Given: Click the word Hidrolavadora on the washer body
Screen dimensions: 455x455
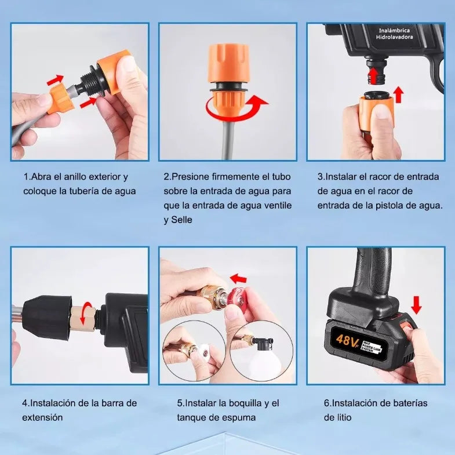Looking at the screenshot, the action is click(394, 37).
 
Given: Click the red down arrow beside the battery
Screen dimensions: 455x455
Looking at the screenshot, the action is click(416, 305).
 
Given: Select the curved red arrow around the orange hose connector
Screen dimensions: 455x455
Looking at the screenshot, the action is click(236, 107).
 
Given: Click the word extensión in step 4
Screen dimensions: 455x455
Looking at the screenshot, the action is click(42, 417).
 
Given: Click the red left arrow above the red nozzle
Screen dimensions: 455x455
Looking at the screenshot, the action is click(238, 279).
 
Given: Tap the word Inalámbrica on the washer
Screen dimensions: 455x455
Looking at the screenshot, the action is click(394, 30).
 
